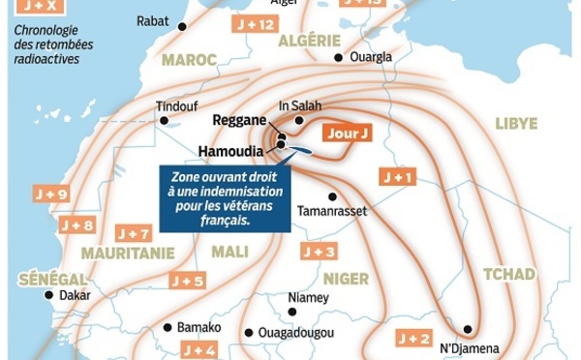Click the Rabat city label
click(152, 19)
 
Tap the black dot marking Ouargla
click(338, 58)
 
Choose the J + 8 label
click(76, 225)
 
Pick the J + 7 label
click(133, 233)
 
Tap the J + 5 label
click(187, 281)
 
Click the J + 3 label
click(319, 252)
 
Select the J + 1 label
click(398, 178)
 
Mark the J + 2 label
click(413, 338)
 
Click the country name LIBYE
click(516, 123)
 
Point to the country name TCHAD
click(508, 274)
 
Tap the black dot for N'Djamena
click(469, 329)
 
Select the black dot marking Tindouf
click(165, 121)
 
